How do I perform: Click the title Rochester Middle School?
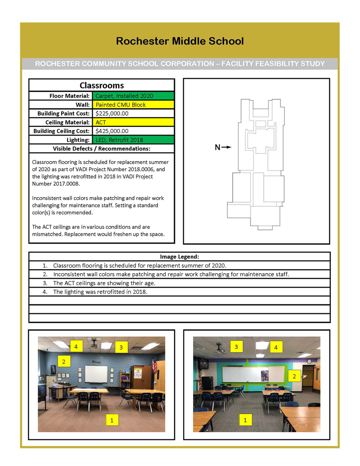pos(180,41)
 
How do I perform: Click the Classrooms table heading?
pos(102,85)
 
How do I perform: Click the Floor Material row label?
pos(70,96)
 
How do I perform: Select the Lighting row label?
pos(77,140)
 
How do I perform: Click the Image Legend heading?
pos(180,257)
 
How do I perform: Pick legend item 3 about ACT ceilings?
pos(104,283)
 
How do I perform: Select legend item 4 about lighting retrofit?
pos(100,292)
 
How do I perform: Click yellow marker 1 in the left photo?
pos(111,420)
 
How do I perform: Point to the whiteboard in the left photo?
pos(96,374)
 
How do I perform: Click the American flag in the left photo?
pos(154,364)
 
